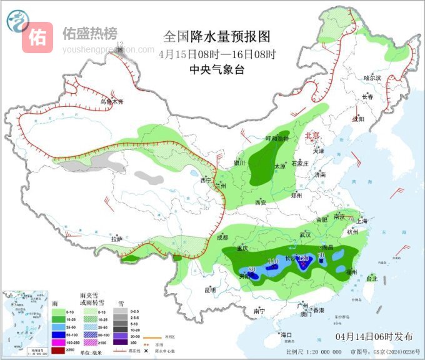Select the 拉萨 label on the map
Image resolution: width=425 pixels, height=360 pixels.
(117, 239)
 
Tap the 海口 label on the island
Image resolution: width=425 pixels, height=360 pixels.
(286, 335)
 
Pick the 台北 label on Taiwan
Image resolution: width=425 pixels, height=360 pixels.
(372, 278)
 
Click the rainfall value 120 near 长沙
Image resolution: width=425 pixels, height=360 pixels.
(304, 259)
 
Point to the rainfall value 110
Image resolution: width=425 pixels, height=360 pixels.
(272, 261)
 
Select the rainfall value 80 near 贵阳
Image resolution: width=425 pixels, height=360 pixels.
(252, 270)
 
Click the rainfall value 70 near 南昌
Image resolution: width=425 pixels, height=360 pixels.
(321, 255)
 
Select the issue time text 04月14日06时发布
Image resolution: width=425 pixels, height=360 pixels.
(374, 336)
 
